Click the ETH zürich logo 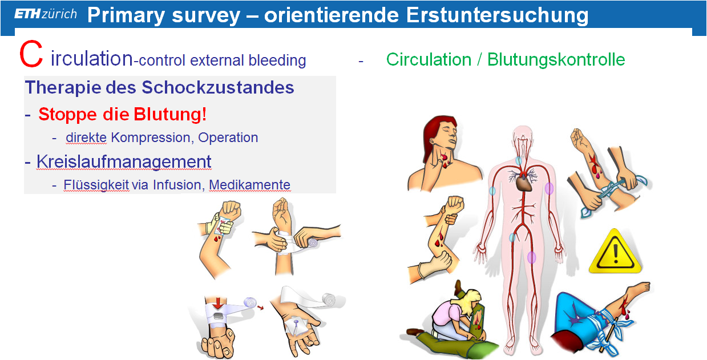click(x=46, y=14)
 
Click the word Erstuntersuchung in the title click(x=497, y=15)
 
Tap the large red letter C click(x=31, y=54)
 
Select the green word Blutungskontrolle click(x=556, y=59)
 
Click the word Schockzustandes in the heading click(x=218, y=87)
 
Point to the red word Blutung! click(x=171, y=114)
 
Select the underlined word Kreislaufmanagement click(x=124, y=161)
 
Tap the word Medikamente click(x=249, y=185)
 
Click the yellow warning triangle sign click(x=615, y=252)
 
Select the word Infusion click(x=177, y=185)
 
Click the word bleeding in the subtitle click(x=277, y=60)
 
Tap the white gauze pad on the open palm click(x=295, y=326)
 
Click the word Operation click(x=228, y=138)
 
